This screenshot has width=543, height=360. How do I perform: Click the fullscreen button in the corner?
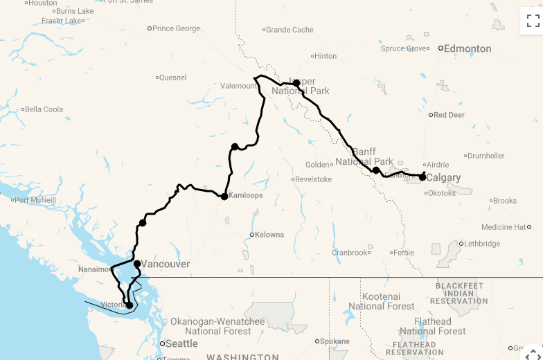pyautogui.click(x=533, y=21)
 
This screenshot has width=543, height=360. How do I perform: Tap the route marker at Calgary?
pyautogui.click(x=422, y=177)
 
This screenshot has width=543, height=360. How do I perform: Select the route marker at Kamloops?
pyautogui.click(x=224, y=197)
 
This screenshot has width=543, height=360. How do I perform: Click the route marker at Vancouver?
pyautogui.click(x=137, y=264)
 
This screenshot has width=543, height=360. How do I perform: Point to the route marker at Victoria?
pyautogui.click(x=129, y=305)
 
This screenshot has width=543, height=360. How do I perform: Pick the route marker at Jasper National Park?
pyautogui.click(x=296, y=83)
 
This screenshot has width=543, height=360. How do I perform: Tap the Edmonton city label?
pyautogui.click(x=468, y=48)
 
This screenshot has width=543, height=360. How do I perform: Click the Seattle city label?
pyautogui.click(x=181, y=343)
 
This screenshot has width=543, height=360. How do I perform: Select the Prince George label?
pyautogui.click(x=176, y=28)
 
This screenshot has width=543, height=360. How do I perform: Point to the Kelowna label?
pyautogui.click(x=269, y=235)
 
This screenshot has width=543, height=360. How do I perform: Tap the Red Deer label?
pyautogui.click(x=449, y=115)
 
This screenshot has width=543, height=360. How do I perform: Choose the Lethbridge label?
pyautogui.click(x=482, y=244)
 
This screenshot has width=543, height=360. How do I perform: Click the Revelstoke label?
pyautogui.click(x=314, y=179)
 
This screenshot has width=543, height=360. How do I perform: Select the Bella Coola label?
pyautogui.click(x=44, y=109)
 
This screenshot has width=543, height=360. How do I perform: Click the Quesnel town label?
pyautogui.click(x=173, y=78)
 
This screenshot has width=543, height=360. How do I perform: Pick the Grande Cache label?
pyautogui.click(x=290, y=30)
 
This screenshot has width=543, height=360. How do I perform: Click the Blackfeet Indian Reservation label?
pyautogui.click(x=459, y=293)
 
